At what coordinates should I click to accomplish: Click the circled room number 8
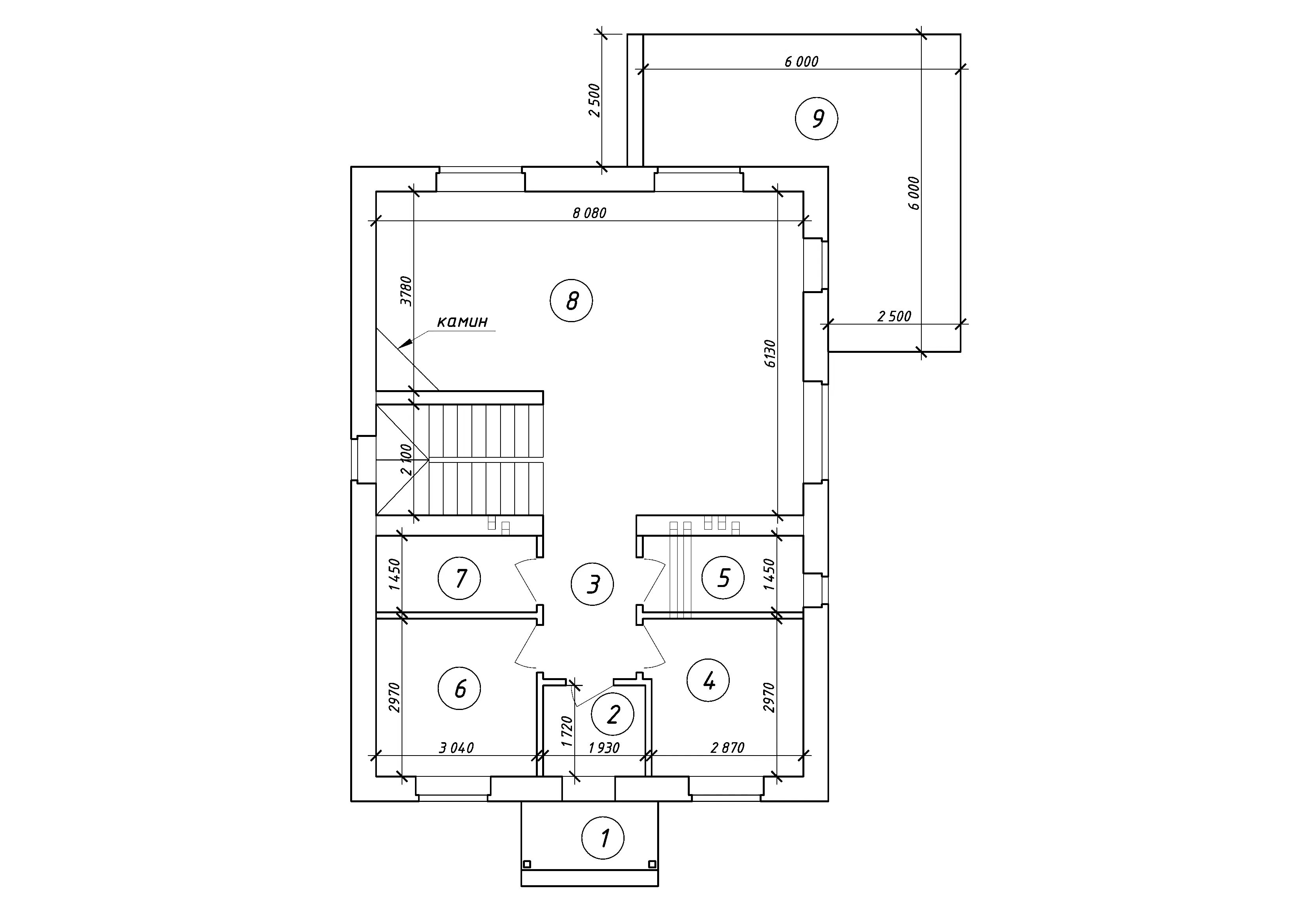[x=572, y=301]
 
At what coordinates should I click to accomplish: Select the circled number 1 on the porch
[x=603, y=838]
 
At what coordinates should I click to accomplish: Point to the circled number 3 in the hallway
[x=592, y=584]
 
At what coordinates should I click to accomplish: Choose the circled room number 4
[x=708, y=681]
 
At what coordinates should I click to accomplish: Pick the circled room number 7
[x=459, y=579]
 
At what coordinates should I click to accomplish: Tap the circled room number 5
[x=723, y=578]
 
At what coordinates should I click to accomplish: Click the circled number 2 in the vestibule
[x=613, y=715]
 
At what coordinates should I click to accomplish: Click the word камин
[x=462, y=322]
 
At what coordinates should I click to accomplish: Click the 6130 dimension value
[x=770, y=354]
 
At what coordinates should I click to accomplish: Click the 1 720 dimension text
[x=568, y=732]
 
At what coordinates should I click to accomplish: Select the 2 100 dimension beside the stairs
[x=406, y=459]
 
